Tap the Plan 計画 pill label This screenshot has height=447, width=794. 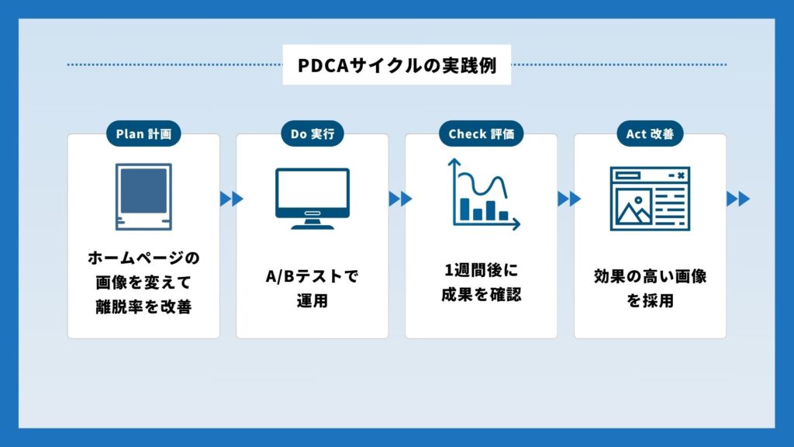tap(143, 134)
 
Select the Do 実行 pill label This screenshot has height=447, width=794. tap(312, 134)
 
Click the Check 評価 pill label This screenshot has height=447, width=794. tap(481, 134)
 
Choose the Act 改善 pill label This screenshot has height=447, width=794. tap(650, 134)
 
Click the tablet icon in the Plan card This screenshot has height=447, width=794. tap(143, 197)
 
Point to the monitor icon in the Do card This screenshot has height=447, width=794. tap(312, 199)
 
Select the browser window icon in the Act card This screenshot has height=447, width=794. tap(650, 199)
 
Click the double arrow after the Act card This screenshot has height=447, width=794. tap(738, 199)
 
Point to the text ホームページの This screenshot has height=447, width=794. tap(143, 257)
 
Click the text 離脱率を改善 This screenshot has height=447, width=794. tap(143, 307)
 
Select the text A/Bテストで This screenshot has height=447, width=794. tap(312, 276)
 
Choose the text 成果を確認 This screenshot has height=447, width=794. tap(481, 295)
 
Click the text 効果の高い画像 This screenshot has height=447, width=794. tap(650, 276)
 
